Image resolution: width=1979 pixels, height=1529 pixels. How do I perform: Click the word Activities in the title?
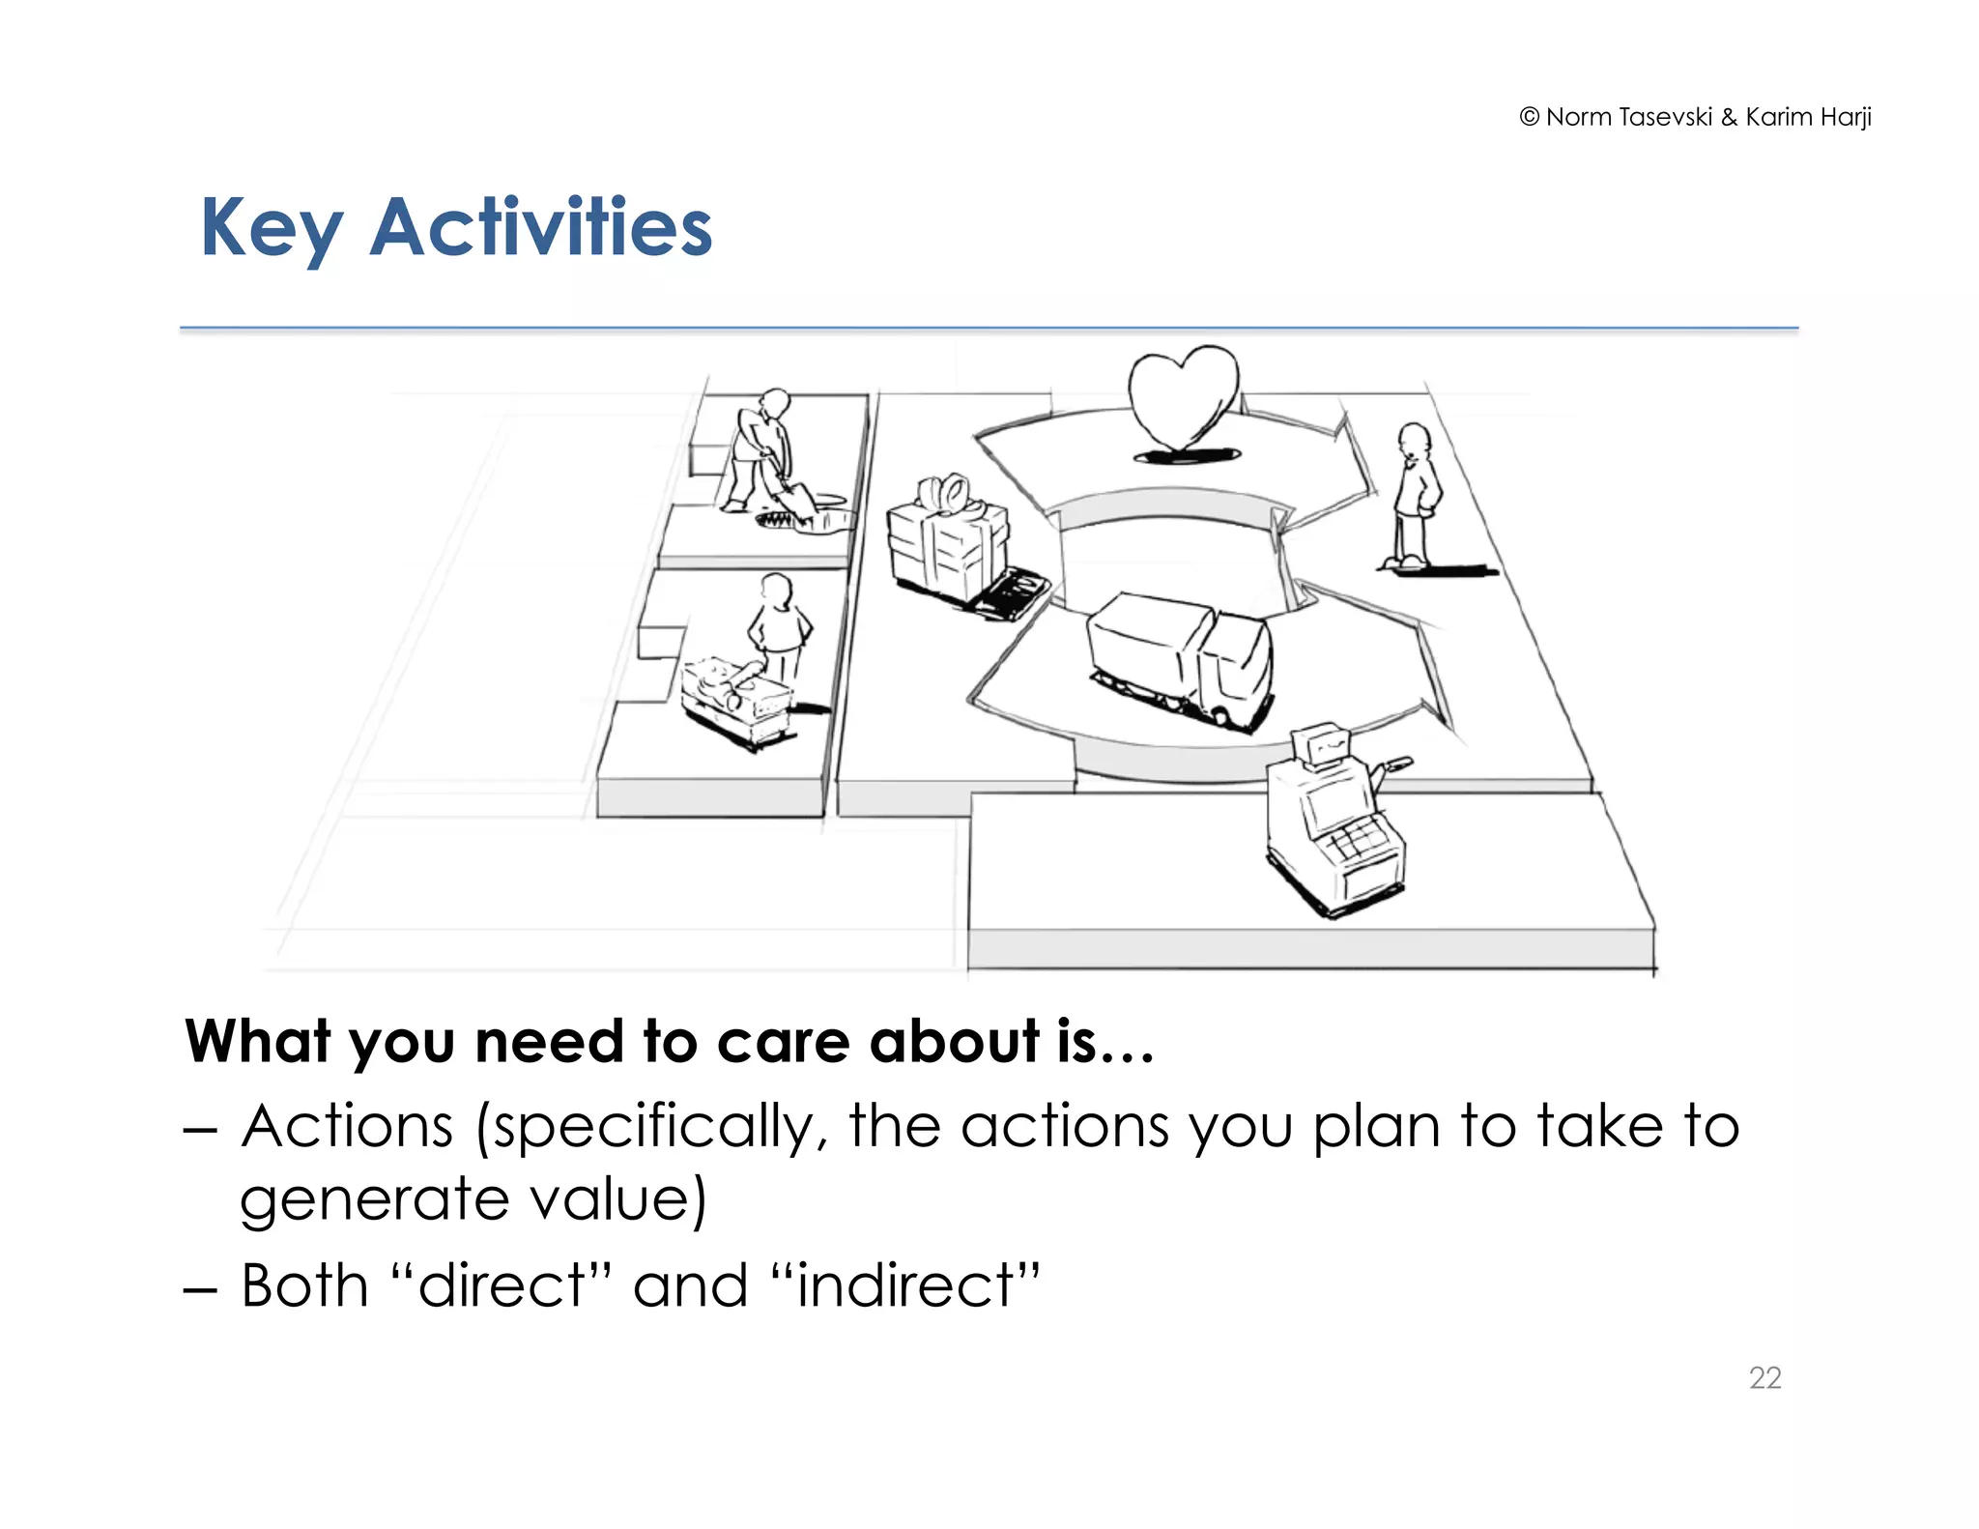coord(541,228)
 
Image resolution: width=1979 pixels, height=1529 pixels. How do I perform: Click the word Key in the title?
coord(271,228)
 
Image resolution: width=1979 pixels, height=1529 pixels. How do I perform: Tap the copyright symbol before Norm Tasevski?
coord(1529,117)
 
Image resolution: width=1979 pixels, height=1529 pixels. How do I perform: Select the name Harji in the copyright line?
coord(1846,117)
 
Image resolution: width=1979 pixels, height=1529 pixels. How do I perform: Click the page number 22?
coord(1764,1377)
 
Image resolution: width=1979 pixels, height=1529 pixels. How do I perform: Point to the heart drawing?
coord(1184,396)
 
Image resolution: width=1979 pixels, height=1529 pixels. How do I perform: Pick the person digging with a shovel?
coord(763,449)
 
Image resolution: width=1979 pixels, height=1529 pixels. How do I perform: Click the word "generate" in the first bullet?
coord(373,1200)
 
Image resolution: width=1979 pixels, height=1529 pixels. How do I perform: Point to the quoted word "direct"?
coord(502,1286)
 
